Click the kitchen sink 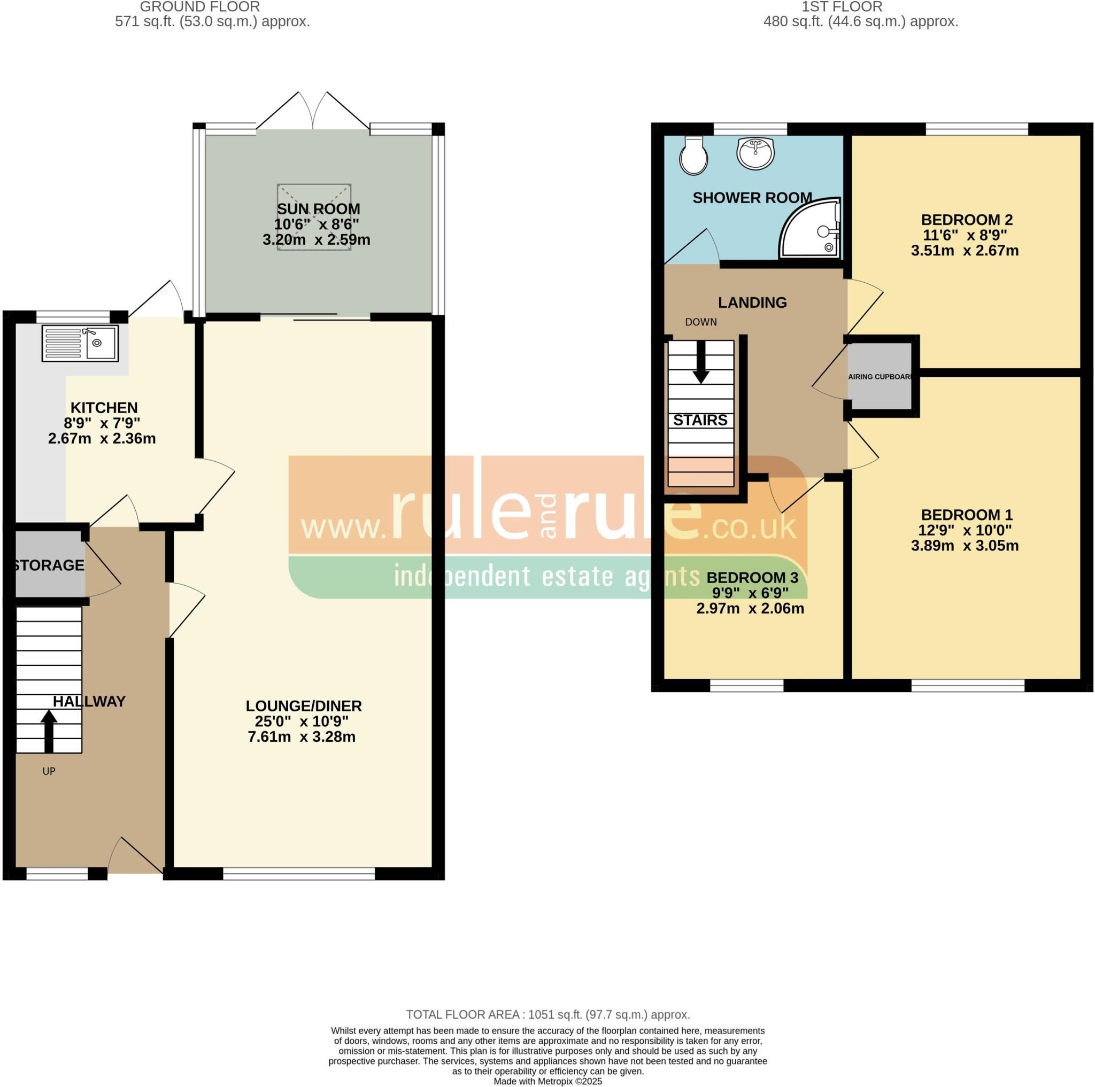[80, 343]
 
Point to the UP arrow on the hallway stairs [49, 732]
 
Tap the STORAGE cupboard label [49, 565]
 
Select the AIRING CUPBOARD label [880, 377]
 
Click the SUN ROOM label [318, 209]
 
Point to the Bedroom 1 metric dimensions [965, 546]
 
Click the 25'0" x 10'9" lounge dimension [302, 721]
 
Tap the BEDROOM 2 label [966, 220]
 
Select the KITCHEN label [104, 408]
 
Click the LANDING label [752, 302]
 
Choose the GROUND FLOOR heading [199, 7]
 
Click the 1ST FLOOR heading [842, 7]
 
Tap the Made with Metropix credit [547, 1081]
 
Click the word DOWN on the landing [701, 322]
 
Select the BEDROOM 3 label [752, 578]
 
